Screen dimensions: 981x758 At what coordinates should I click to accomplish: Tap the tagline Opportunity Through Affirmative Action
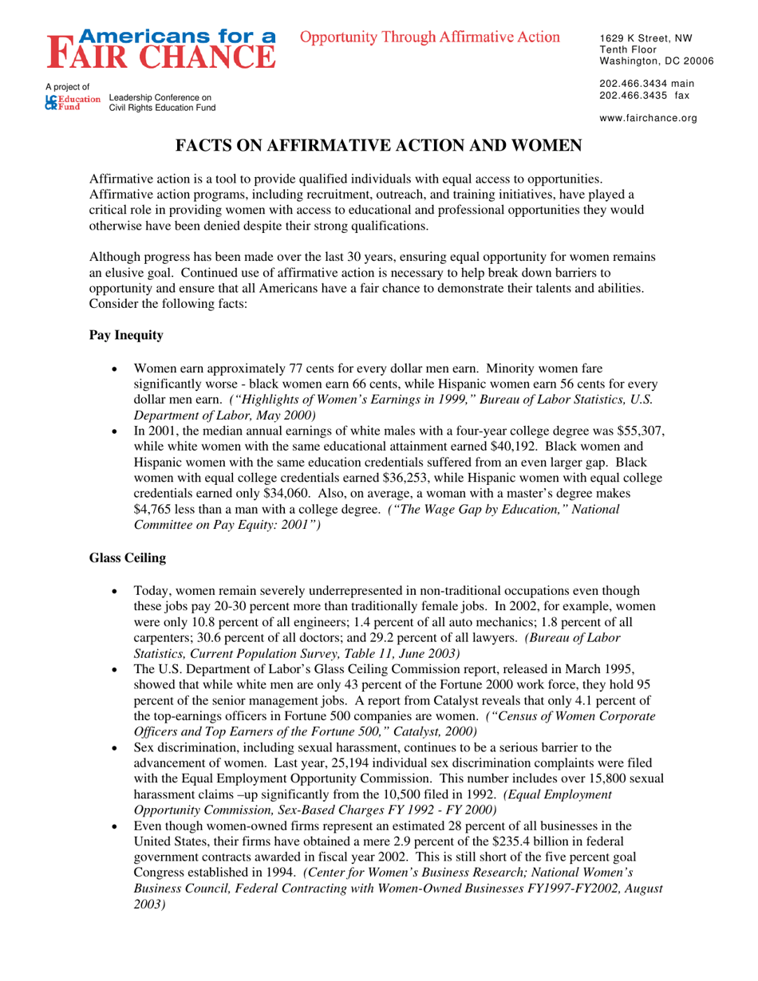[430, 37]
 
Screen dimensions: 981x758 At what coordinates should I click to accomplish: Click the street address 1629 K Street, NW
[645, 37]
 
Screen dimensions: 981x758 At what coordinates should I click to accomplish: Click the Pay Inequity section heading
[126, 336]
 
